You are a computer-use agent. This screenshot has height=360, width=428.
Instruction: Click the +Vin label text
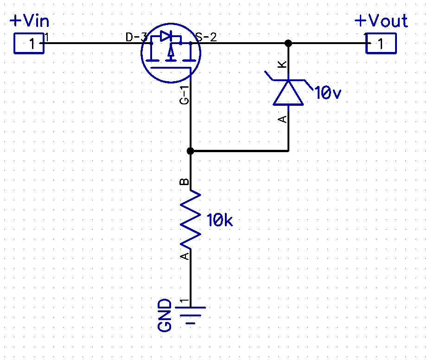[29, 21]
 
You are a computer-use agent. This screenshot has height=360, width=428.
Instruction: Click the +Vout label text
[381, 21]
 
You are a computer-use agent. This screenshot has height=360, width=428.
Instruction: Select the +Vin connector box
[29, 44]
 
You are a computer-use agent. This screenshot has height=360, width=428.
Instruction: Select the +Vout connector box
[381, 44]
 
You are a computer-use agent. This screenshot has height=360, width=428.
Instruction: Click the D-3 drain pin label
[136, 38]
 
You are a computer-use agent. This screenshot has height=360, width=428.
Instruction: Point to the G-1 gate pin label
[185, 95]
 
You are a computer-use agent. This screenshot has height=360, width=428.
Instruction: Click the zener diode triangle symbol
[288, 92]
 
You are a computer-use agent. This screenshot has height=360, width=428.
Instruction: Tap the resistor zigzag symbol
[191, 220]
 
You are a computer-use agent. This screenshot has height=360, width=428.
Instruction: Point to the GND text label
[165, 315]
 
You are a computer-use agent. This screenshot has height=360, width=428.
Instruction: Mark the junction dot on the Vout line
[288, 43]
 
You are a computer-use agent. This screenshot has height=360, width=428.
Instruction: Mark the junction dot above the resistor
[190, 151]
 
